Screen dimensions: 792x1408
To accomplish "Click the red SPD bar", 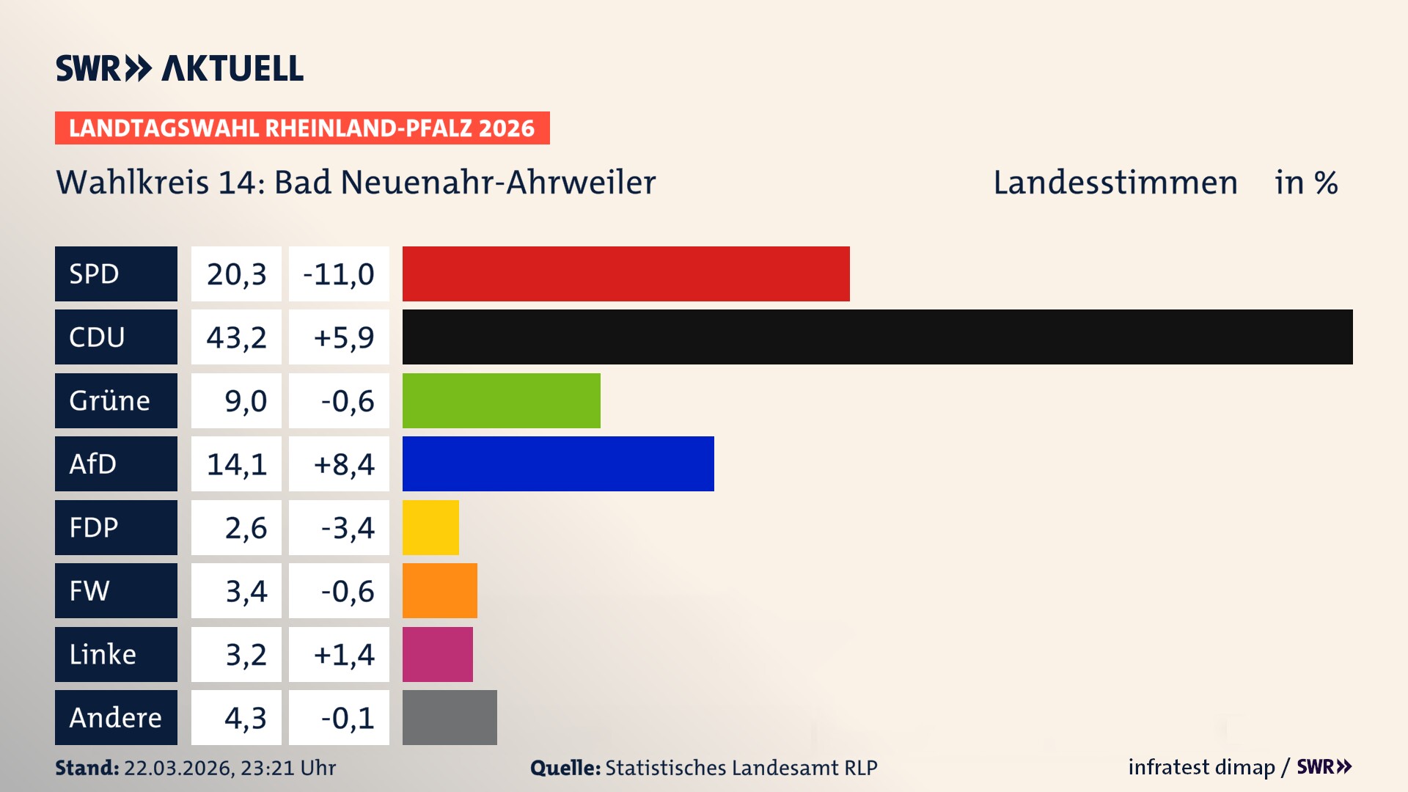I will [626, 274].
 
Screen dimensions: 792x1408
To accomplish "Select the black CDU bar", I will [877, 337].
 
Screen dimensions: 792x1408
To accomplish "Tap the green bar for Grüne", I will [501, 400].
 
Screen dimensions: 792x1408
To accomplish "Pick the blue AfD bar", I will [557, 463].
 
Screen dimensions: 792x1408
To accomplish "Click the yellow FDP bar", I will [430, 527].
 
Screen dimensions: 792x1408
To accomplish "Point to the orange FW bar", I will [439, 590].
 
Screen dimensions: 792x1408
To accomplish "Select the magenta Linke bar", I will [437, 654].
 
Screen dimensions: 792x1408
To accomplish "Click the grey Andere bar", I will [450, 717].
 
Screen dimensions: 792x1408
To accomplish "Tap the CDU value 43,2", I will [236, 337].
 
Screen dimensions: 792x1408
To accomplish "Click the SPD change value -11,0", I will [339, 274].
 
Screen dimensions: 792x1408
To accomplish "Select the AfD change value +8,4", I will [343, 464].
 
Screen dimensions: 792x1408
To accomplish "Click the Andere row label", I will [116, 717].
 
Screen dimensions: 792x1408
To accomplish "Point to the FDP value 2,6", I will [245, 528].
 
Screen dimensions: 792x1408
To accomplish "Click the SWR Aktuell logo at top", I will [179, 68].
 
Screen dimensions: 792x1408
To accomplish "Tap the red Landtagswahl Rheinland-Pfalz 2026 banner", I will [301, 128].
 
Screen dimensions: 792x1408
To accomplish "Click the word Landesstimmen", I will [1115, 183].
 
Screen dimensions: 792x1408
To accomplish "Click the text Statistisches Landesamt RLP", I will [741, 768].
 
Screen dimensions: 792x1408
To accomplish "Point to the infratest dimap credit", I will [1201, 767].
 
